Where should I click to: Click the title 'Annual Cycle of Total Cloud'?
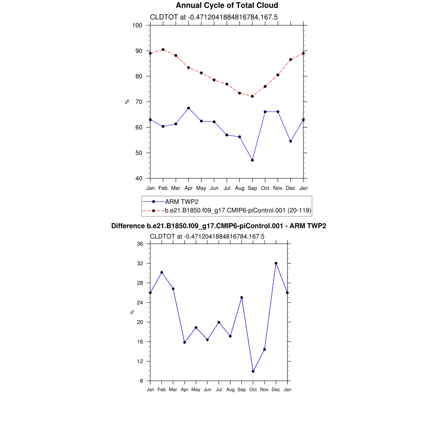227,6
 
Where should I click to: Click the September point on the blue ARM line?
252,160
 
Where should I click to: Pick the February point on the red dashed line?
163,50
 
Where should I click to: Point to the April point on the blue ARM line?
189,108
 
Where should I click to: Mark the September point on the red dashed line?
252,96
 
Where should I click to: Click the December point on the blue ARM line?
291,141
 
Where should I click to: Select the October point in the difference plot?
253,371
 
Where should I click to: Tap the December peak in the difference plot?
276,263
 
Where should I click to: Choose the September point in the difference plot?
242,297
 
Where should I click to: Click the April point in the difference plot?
185,342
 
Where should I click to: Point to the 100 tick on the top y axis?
137,25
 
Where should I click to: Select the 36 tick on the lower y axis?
140,244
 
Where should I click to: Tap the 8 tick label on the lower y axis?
141,381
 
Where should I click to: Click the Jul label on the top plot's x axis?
227,188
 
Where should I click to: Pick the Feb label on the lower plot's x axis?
162,390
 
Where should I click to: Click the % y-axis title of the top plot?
127,102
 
